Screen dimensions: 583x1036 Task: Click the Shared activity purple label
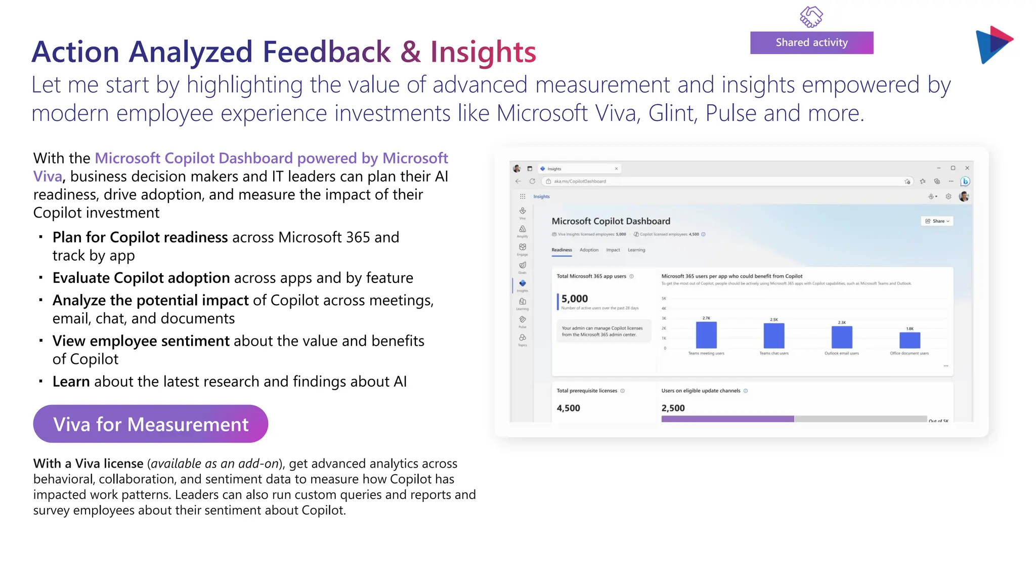pyautogui.click(x=811, y=43)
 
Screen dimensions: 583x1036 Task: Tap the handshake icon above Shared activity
pyautogui.click(x=811, y=17)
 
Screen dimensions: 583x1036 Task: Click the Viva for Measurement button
pyautogui.click(x=150, y=424)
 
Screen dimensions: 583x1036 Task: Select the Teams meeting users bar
pyautogui.click(x=706, y=335)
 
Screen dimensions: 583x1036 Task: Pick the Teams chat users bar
pyautogui.click(x=773, y=336)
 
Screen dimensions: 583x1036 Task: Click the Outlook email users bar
pyautogui.click(x=842, y=337)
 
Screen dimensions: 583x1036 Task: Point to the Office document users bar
pyautogui.click(x=910, y=340)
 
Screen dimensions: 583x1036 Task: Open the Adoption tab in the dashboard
pyautogui.click(x=589, y=250)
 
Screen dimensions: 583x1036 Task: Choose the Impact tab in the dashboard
pyautogui.click(x=613, y=250)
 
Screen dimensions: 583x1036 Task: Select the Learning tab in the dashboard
pyautogui.click(x=636, y=250)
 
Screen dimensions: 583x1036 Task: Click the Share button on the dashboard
pyautogui.click(x=937, y=221)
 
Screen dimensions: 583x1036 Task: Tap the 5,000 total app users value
pyautogui.click(x=575, y=299)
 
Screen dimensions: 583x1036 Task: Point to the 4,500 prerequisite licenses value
pyautogui.click(x=569, y=408)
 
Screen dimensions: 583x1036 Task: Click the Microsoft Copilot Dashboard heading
pyautogui.click(x=611, y=221)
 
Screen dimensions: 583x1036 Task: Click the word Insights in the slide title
pyautogui.click(x=483, y=52)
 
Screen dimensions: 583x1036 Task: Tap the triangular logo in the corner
pyautogui.click(x=992, y=45)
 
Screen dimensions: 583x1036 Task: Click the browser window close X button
pyautogui.click(x=967, y=168)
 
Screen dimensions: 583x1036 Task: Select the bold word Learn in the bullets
pyautogui.click(x=71, y=382)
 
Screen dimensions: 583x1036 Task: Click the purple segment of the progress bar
pyautogui.click(x=727, y=419)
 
